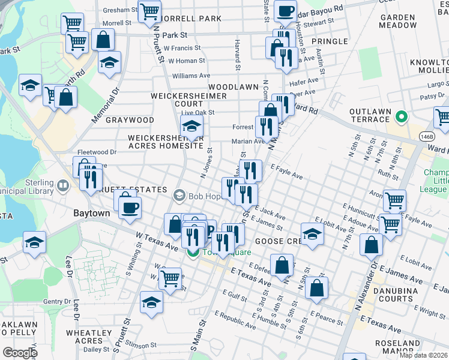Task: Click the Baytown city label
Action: point(91,213)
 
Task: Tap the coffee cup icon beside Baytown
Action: point(130,208)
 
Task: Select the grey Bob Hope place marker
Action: point(179,196)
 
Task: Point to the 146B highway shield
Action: point(427,136)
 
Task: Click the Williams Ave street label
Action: point(191,76)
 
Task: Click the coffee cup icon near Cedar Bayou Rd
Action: point(285,10)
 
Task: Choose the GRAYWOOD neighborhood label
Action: point(130,120)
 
